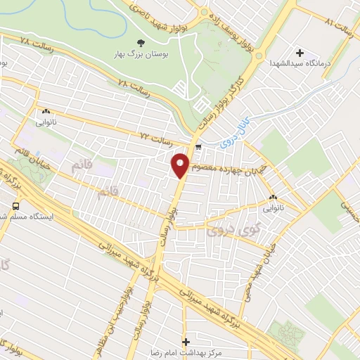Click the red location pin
pos(181,165)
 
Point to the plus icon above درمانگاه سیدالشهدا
pos(300,53)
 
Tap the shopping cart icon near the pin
pos(198,148)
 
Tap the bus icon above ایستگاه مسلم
pos(15,206)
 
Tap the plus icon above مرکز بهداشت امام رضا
pos(186,342)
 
